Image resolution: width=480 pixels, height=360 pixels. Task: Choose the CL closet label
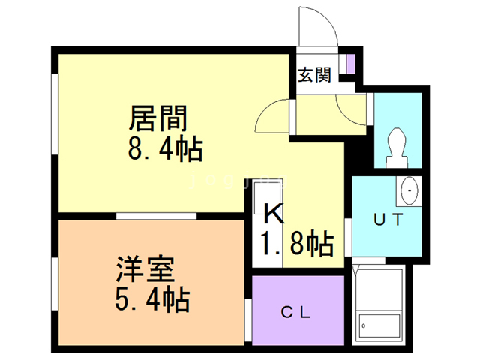tap(297, 312)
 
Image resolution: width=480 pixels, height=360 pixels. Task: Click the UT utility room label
tap(390, 221)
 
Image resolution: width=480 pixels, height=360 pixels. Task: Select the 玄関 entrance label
tap(315, 75)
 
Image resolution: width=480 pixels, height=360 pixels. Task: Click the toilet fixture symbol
tap(397, 146)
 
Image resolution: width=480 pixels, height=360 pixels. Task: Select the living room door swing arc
tap(272, 116)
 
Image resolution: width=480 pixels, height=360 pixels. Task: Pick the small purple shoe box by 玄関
tap(349, 64)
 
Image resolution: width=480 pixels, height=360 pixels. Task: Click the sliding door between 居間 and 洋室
tap(156, 216)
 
